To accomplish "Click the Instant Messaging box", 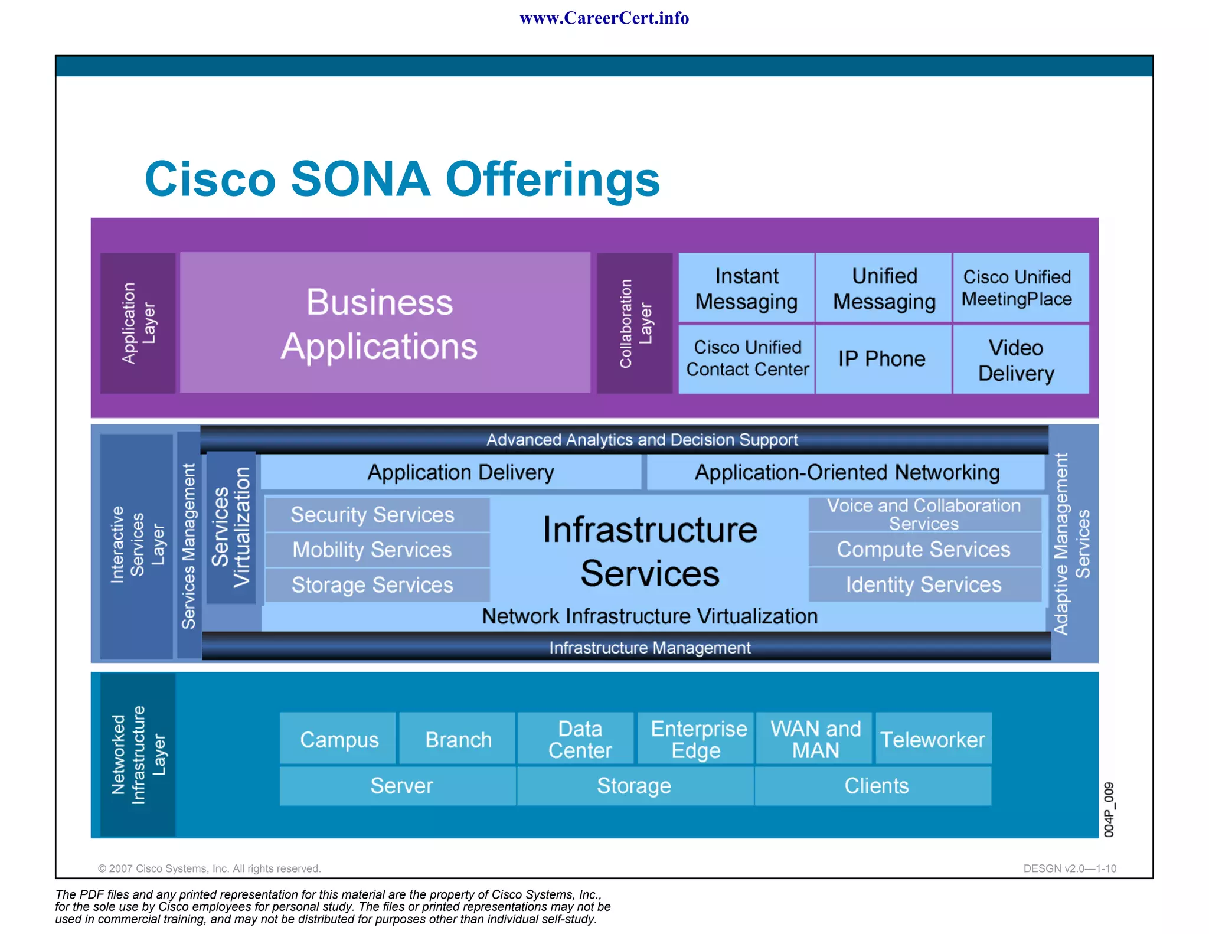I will (746, 288).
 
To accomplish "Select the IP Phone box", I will (883, 359).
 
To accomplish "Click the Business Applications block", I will (384, 323).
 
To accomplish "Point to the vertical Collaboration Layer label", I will (635, 323).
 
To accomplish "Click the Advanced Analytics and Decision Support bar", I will (642, 440).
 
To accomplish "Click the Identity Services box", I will (924, 584).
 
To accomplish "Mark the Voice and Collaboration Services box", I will (924, 514).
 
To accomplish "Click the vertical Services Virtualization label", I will (231, 527).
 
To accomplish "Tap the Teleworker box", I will (933, 739).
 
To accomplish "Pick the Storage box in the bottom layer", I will (635, 786).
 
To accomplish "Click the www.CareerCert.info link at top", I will (604, 18).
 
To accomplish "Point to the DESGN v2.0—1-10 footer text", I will (1070, 868).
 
